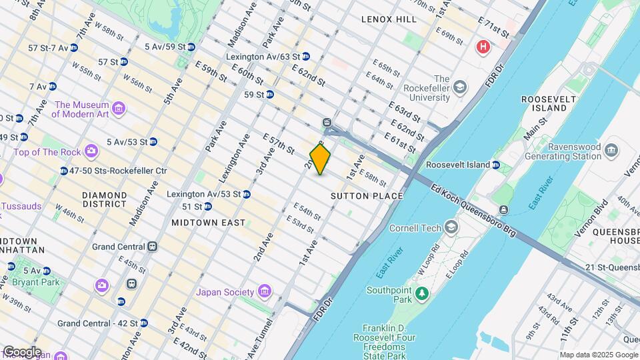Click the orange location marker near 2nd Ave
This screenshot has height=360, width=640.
(320, 159)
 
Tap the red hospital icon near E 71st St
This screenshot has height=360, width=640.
(482, 47)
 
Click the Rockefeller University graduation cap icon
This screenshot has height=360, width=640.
(459, 87)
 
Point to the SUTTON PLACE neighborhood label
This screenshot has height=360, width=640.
(367, 196)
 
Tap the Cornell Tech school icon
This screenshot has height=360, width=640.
(451, 228)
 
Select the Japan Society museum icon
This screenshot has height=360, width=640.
(265, 292)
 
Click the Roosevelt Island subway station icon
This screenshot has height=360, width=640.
(496, 165)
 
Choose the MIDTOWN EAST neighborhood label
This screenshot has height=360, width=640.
(208, 222)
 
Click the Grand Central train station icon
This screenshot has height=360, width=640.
(153, 247)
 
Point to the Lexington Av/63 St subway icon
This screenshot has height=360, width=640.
(305, 57)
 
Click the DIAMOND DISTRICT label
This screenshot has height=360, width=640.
(104, 200)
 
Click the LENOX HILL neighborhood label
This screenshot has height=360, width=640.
(389, 19)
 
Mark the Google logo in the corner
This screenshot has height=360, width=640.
(21, 352)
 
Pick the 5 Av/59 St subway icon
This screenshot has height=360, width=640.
(191, 47)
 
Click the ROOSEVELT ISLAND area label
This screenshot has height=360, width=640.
(543, 104)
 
